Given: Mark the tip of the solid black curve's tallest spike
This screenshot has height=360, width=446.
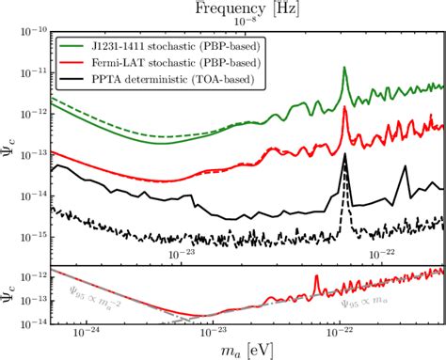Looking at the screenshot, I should click(345, 153).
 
